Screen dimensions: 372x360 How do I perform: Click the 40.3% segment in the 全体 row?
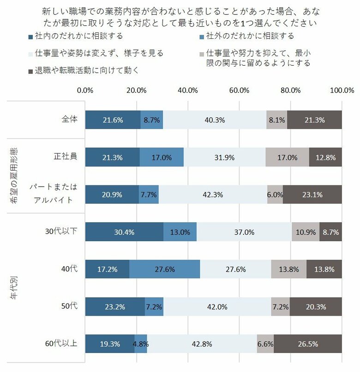click(214, 120)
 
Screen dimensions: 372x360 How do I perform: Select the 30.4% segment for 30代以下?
click(125, 232)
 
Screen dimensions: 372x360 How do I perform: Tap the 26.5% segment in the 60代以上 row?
click(308, 344)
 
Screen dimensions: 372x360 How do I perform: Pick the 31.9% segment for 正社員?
click(224, 157)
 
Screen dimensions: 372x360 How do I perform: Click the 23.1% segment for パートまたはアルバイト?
click(312, 195)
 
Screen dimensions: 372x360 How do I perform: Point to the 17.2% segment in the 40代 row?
click(108, 269)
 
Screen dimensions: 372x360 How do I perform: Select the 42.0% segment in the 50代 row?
click(217, 306)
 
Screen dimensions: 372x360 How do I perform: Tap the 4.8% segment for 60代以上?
click(141, 344)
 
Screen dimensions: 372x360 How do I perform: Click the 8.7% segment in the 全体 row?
click(152, 120)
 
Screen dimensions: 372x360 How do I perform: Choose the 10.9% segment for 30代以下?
click(306, 232)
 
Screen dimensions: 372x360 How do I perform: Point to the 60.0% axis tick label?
click(239, 90)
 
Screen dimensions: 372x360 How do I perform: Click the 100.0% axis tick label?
click(342, 90)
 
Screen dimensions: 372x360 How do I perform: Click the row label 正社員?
click(65, 156)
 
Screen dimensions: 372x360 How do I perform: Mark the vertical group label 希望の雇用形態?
click(14, 176)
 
